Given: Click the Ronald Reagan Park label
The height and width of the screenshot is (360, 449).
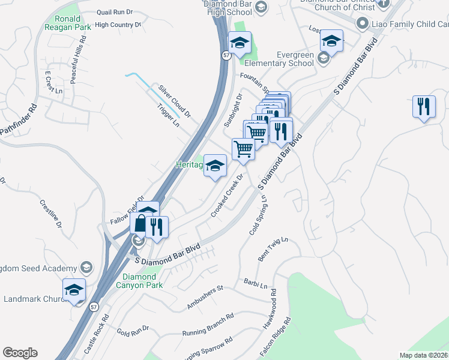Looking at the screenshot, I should [x=63, y=23].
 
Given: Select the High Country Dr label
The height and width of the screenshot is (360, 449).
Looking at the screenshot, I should [x=118, y=25].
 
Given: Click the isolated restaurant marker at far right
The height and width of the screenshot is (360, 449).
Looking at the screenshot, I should [x=424, y=107].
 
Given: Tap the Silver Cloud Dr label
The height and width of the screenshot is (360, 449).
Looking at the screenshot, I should [x=175, y=101].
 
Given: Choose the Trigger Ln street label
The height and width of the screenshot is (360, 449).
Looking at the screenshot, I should [x=168, y=115].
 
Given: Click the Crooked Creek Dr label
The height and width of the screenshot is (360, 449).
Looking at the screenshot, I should [x=229, y=195].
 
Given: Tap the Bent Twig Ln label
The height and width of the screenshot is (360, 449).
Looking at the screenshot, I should [x=273, y=248].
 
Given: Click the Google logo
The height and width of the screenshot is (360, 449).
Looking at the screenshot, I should [x=20, y=353].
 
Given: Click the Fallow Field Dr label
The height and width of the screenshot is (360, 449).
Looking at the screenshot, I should [x=128, y=210].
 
